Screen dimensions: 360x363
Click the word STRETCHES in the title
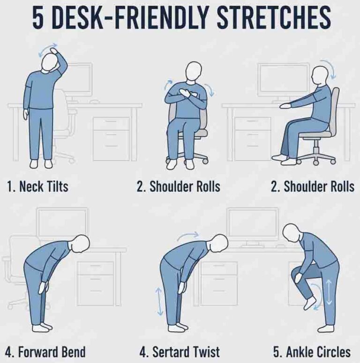click(274, 18)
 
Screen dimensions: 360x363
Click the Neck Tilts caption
click(38, 186)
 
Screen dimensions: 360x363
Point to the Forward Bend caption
click(45, 352)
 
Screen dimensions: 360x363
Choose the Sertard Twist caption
click(180, 352)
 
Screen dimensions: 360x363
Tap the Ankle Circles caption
click(312, 352)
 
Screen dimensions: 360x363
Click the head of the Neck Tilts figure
click(50, 61)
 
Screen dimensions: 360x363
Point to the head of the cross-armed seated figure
click(194, 71)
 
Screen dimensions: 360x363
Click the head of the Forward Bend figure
click(81, 244)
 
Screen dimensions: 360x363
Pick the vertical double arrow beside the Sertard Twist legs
click(159, 302)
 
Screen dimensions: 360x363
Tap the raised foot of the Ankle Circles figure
click(310, 303)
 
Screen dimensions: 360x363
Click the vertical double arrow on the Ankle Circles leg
click(329, 292)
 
